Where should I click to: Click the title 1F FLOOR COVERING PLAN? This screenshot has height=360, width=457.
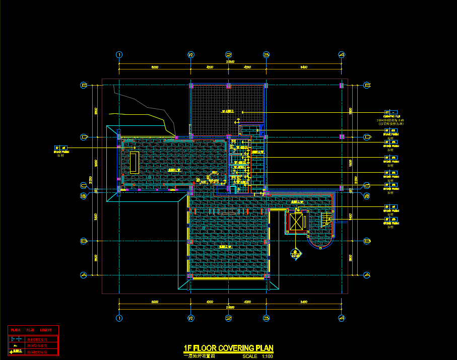click(x=228, y=348)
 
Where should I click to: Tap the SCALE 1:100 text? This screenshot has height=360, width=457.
click(x=258, y=356)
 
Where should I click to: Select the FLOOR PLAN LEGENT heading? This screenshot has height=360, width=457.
click(x=32, y=330)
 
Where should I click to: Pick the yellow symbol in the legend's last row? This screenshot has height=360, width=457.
click(x=17, y=352)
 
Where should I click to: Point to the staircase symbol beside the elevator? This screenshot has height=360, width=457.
click(x=327, y=220)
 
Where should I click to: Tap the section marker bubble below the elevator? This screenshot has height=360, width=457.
click(x=295, y=254)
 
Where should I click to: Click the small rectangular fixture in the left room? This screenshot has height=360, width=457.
click(x=134, y=162)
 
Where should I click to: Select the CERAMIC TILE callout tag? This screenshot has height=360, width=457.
click(x=390, y=112)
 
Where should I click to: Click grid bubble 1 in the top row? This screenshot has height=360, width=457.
click(x=119, y=55)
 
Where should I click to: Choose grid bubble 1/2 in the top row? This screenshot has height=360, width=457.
click(x=191, y=55)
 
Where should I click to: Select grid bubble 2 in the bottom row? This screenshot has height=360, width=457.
click(x=228, y=318)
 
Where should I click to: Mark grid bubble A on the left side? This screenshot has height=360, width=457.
click(x=84, y=275)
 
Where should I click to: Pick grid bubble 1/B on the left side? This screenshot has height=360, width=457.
click(x=84, y=196)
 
